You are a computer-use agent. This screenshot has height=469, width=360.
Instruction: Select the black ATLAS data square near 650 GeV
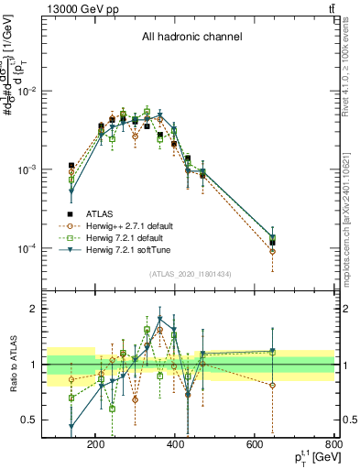273,243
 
